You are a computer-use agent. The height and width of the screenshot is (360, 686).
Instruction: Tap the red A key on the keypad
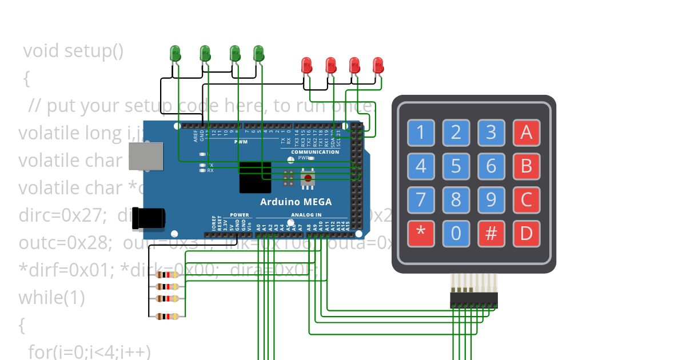(527, 133)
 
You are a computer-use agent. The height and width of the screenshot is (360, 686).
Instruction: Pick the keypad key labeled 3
(491, 133)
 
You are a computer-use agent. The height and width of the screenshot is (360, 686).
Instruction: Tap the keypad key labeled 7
(421, 200)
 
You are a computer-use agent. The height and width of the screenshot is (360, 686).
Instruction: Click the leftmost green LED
(176, 54)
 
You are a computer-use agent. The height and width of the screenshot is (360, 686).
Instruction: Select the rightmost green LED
(258, 54)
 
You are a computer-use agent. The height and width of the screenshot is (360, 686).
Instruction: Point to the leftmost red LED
(307, 65)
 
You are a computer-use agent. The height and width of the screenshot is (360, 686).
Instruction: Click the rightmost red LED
(378, 65)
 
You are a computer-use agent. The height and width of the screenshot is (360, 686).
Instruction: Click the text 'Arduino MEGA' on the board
(296, 202)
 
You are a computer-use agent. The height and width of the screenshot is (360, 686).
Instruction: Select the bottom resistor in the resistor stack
(167, 317)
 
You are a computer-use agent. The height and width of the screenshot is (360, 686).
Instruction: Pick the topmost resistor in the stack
(167, 274)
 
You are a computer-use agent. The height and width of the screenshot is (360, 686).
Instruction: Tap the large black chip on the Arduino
(254, 177)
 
